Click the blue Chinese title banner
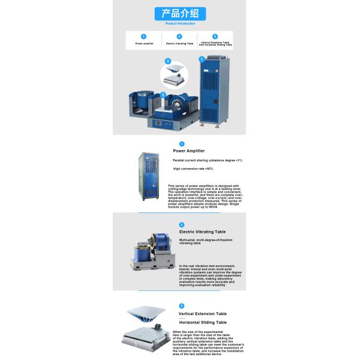click(x=180, y=14)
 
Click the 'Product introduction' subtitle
click(x=180, y=23)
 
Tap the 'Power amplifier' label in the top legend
click(x=144, y=44)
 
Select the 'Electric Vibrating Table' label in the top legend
click(x=179, y=44)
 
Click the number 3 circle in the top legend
click(x=215, y=36)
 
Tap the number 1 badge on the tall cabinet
click(x=202, y=59)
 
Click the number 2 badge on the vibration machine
click(x=163, y=95)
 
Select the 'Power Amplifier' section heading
click(x=188, y=151)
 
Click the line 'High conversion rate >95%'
click(x=193, y=169)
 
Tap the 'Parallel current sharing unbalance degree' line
click(x=207, y=160)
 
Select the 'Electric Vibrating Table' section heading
click(x=202, y=232)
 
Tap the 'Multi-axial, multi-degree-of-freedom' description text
click(x=206, y=241)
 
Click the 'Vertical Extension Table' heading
click(x=202, y=313)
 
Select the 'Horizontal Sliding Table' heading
click(x=202, y=322)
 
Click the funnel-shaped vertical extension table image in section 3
click(x=145, y=316)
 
